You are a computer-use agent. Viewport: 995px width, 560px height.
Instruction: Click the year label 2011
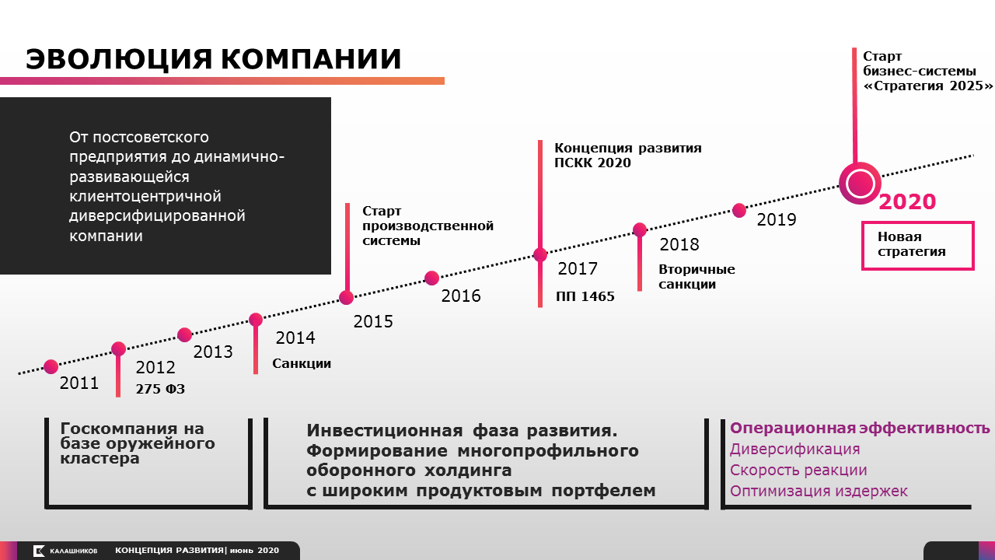click(79, 383)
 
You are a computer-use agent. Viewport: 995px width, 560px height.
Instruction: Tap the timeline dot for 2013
click(184, 334)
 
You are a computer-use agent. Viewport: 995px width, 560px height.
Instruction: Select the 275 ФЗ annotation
click(160, 389)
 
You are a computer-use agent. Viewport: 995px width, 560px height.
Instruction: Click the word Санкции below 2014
click(302, 363)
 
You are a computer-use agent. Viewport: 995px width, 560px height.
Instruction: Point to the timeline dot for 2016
click(431, 278)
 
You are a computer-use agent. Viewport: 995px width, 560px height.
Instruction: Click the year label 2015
click(373, 322)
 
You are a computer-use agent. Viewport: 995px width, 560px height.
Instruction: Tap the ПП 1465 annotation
click(585, 296)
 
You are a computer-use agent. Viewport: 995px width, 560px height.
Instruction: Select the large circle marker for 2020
click(860, 184)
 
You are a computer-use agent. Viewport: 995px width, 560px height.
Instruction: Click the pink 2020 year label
click(907, 201)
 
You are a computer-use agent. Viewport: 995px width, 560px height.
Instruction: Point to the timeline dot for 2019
click(739, 210)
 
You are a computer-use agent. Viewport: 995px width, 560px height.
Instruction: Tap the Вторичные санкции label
click(696, 276)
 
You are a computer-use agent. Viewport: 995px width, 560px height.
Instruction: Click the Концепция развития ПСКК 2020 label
click(628, 155)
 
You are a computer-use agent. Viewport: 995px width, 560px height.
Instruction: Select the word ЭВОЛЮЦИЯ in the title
click(119, 59)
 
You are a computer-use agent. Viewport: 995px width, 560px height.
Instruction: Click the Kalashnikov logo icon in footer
click(39, 551)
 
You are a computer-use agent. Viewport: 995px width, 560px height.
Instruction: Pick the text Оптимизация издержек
click(819, 491)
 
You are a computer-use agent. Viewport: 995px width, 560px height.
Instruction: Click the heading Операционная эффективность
click(860, 428)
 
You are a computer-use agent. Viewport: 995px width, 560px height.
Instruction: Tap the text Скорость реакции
click(798, 471)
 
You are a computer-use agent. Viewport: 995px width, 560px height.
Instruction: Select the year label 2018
click(679, 244)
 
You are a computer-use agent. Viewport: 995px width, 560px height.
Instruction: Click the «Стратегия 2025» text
click(927, 86)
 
